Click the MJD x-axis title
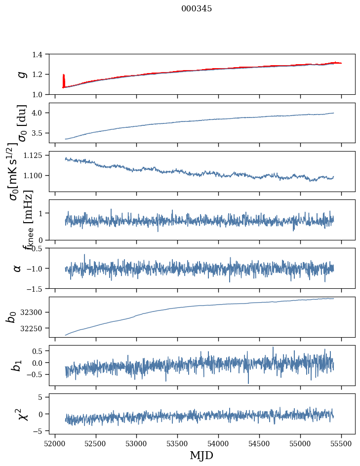(201, 455)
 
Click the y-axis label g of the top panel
(21, 74)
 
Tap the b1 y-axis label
(17, 365)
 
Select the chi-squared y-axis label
(23, 414)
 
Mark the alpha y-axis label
(17, 268)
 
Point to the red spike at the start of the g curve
(64, 79)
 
